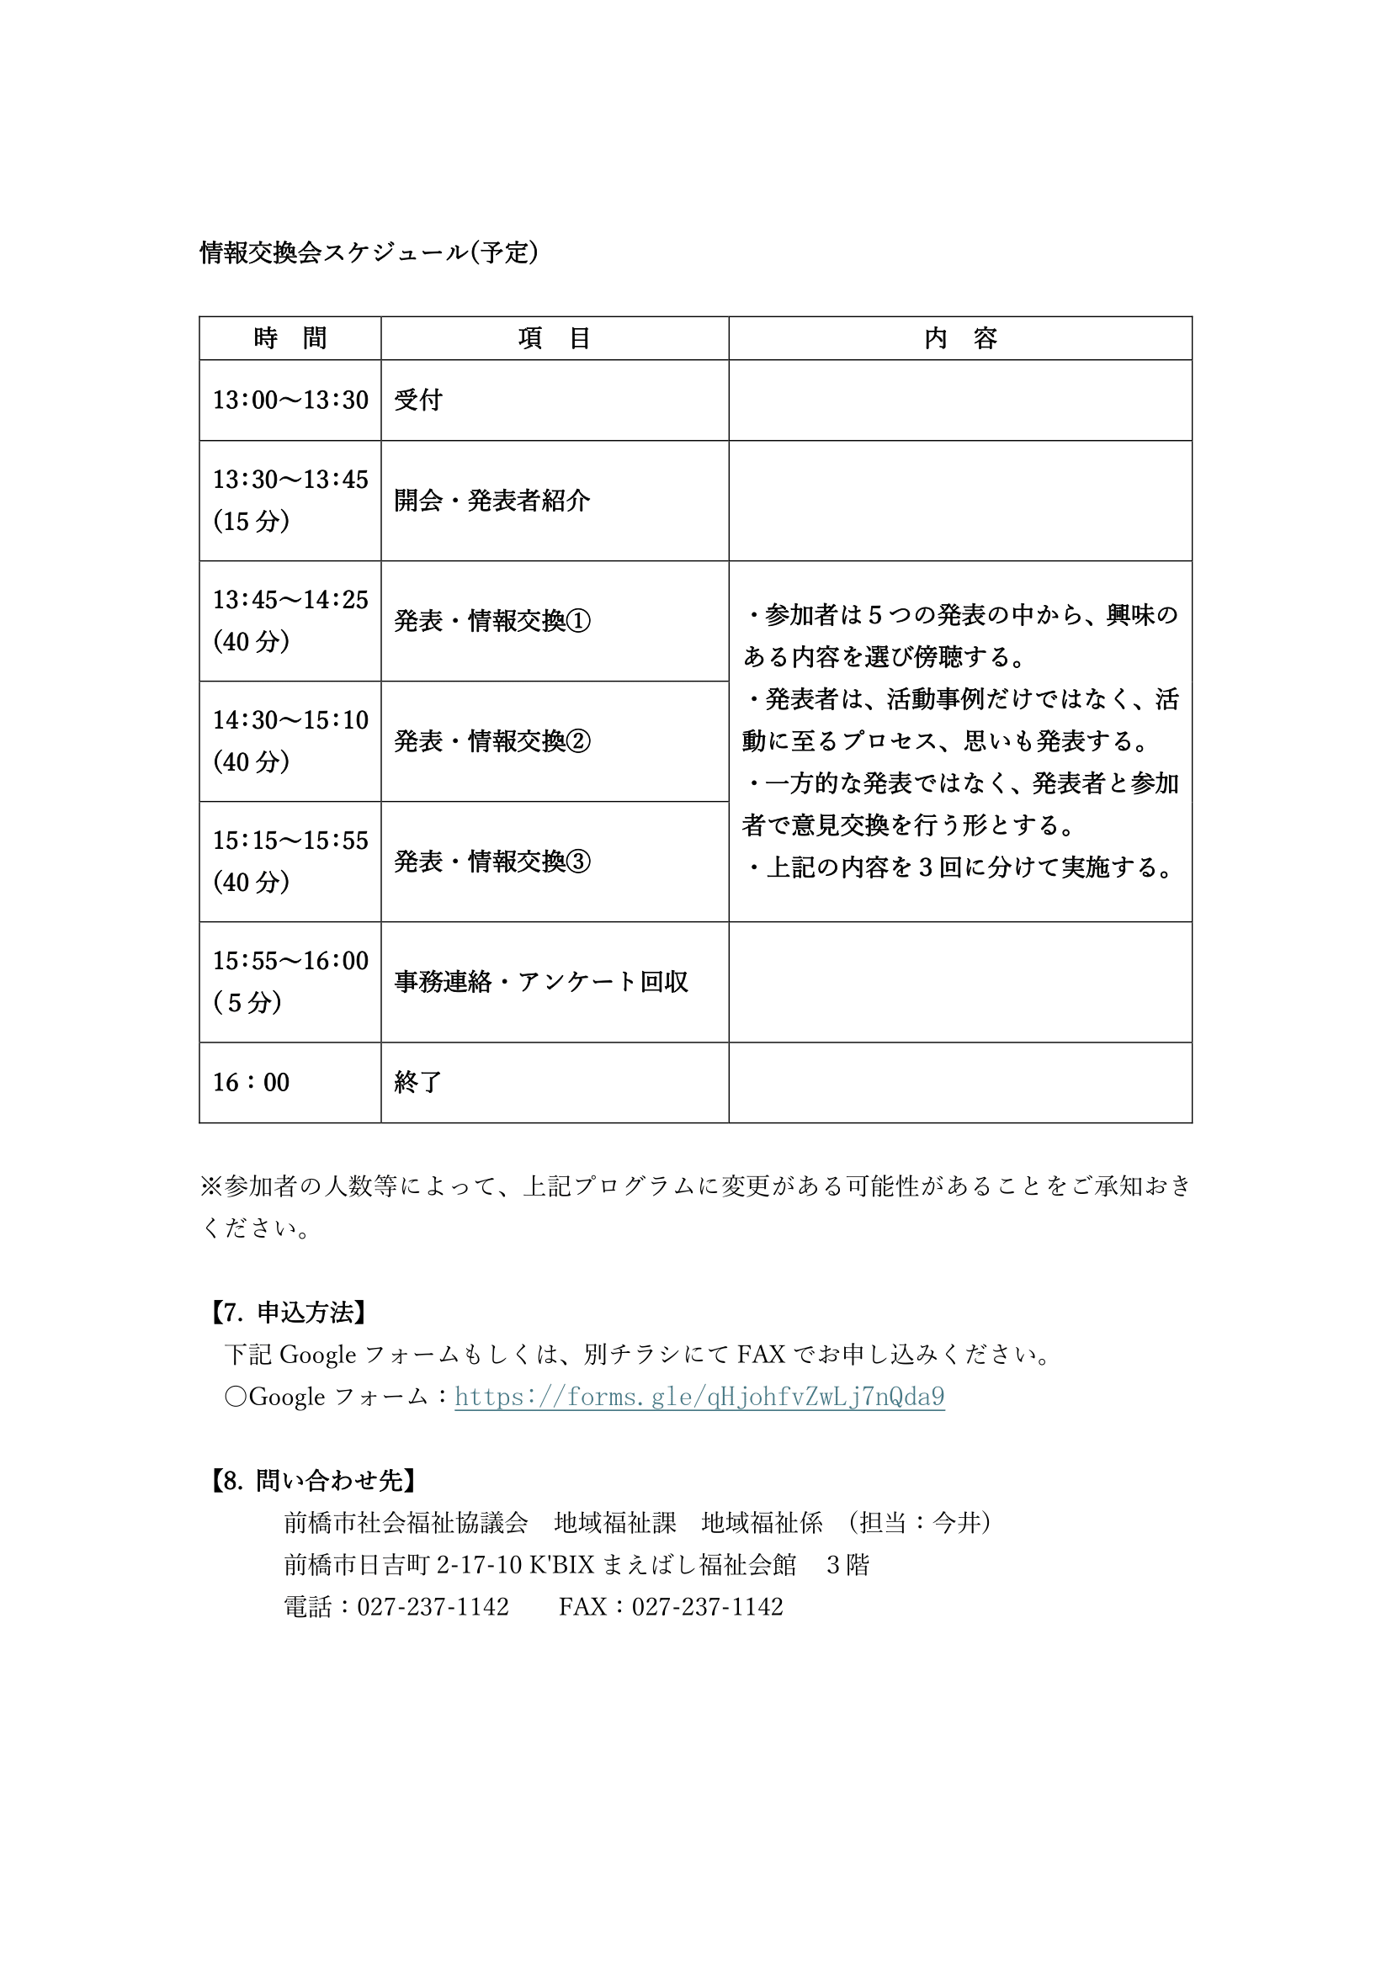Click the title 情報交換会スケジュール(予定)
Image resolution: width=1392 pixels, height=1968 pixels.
369,252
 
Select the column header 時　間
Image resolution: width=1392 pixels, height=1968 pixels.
290,338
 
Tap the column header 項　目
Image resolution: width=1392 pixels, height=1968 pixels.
555,338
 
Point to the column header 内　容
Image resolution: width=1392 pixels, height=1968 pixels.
960,338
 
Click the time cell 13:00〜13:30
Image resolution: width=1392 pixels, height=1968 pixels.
290,400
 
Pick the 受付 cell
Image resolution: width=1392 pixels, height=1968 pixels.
418,400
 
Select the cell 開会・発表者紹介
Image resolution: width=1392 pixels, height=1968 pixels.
492,501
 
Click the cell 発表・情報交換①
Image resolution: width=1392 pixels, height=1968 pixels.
492,621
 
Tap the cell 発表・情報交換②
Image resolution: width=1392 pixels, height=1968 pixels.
492,740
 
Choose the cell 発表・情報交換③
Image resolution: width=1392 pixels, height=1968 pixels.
492,862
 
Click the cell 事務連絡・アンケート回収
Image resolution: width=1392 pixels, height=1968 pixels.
541,981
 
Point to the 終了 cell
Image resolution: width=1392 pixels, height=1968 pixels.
418,1083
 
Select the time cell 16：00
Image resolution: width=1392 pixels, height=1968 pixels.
251,1083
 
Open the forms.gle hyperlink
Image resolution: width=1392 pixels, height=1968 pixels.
699,1398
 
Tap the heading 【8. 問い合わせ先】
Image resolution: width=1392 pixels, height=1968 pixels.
314,1480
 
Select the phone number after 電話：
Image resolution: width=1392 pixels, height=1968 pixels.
433,1606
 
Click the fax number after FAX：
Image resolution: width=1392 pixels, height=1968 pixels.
707,1606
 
